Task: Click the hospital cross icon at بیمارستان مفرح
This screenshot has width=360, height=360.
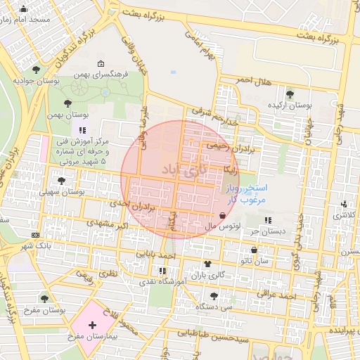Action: point(92,326)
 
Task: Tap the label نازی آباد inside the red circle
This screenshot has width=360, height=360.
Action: point(181,169)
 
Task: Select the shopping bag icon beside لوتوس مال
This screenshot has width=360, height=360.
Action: point(223,216)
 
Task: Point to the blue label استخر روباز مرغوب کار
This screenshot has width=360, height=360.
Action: point(246,193)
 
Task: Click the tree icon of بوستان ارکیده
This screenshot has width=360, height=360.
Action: point(290,94)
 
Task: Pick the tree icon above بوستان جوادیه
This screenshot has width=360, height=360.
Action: point(36,69)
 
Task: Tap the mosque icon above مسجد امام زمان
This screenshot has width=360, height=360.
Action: point(23,9)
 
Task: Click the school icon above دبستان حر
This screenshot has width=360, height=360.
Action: point(269,221)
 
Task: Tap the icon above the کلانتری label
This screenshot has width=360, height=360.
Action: point(344,205)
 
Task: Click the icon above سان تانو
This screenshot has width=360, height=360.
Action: point(254,250)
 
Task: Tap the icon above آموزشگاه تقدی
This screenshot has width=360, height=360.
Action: point(163,270)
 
